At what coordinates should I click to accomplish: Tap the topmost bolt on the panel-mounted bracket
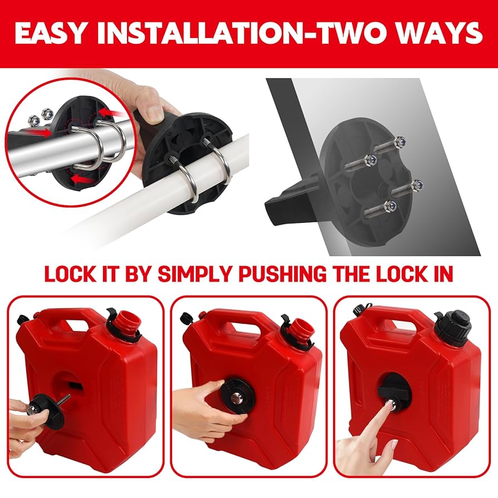coord(390,146)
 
